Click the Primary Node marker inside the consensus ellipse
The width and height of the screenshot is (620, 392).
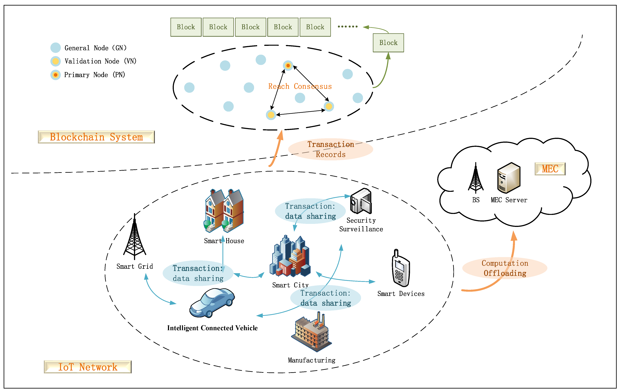coord(288,66)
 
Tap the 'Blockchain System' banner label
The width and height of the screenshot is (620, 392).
coord(96,137)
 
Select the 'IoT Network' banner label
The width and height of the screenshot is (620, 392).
coord(88,367)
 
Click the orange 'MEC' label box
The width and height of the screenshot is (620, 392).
coord(550,169)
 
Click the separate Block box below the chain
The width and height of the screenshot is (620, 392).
coord(388,43)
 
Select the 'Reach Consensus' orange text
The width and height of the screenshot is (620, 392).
coord(300,86)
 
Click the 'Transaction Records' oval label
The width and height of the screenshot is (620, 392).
coord(331,149)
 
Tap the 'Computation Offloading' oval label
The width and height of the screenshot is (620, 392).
coord(505,268)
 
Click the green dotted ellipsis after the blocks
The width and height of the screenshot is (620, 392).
coord(348,27)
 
